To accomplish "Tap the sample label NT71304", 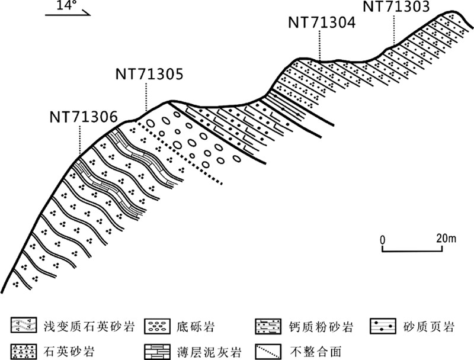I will click(322, 22).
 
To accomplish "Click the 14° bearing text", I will click(67, 6).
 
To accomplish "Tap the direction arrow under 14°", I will click(67, 14).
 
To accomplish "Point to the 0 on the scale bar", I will click(383, 239).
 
